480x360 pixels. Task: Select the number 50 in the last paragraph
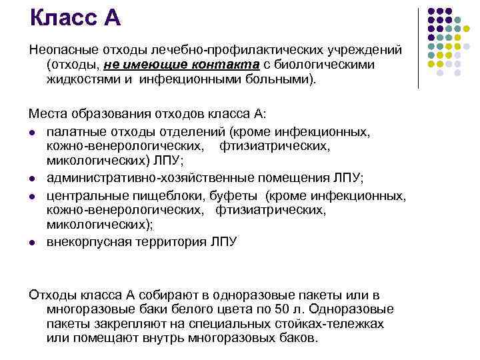coord(263,309)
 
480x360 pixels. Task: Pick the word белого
coord(174,309)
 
